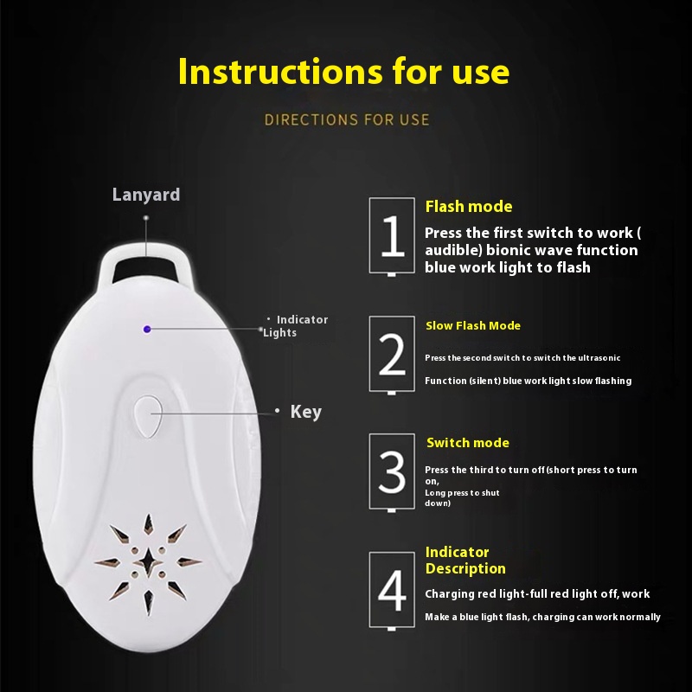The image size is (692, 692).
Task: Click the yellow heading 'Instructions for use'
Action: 343,71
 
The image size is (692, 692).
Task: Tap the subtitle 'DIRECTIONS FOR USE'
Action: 347,120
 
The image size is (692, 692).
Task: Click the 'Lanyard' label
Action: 146,195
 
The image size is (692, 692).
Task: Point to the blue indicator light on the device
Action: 147,330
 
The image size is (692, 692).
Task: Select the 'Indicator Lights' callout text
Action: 296,326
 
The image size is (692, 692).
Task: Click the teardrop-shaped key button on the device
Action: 148,416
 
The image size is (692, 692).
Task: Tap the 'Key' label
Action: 306,413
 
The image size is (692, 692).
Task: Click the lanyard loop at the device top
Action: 145,265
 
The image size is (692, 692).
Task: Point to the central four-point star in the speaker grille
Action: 148,561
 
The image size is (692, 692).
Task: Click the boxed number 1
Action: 392,236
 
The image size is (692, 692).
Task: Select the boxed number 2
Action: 392,354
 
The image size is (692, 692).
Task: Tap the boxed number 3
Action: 392,471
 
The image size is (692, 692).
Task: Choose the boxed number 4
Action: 392,590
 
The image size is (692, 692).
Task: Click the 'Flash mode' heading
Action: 469,207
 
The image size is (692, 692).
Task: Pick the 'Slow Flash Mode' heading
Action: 473,326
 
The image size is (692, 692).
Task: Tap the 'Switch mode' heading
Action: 468,443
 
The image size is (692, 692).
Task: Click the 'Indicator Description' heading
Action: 465,560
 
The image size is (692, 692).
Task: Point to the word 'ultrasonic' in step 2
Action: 599,358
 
